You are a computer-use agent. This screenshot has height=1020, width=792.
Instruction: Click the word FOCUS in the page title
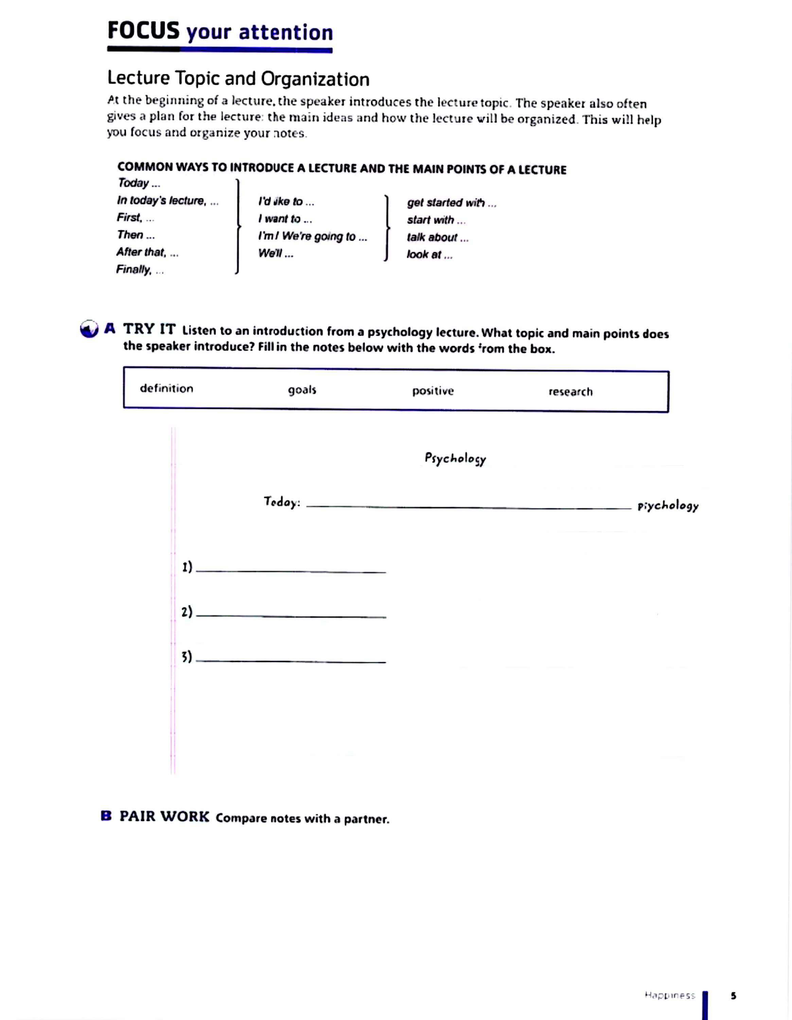click(143, 31)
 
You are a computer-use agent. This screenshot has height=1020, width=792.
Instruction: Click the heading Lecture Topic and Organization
click(238, 79)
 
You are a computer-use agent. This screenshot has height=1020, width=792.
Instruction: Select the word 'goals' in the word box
click(302, 390)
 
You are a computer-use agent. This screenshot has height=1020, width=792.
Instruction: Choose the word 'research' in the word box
click(570, 391)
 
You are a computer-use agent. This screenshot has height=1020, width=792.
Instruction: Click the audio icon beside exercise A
click(89, 329)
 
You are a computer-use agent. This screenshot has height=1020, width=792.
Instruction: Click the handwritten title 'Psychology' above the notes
click(455, 459)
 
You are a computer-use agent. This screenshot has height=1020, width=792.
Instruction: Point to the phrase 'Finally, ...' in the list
click(140, 270)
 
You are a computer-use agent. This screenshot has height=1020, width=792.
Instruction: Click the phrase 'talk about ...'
click(437, 237)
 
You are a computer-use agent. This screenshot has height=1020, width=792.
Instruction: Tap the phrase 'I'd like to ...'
click(286, 201)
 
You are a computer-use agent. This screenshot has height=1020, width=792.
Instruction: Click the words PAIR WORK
click(164, 816)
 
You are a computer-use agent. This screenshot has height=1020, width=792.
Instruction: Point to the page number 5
click(733, 995)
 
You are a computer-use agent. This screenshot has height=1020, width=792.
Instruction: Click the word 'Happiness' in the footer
click(669, 995)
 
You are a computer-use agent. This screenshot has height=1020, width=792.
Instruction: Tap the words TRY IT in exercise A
click(149, 329)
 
